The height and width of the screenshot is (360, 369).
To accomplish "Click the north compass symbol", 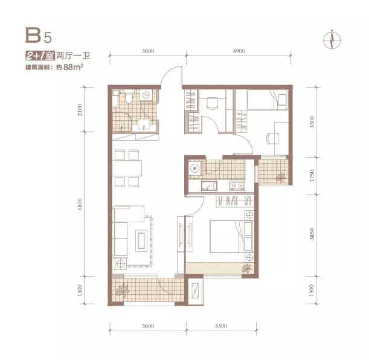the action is pos(332,39).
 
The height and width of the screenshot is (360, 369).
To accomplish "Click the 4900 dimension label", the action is pos(239,51).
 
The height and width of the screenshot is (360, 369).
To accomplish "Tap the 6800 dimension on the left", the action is pos(80,204).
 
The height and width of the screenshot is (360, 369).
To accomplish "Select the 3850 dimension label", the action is pos(312,234).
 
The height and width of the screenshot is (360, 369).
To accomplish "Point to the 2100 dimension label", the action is pos(80,110).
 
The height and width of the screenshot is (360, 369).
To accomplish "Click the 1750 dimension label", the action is pos(312,176).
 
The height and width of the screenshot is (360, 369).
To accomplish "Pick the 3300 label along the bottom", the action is pos(221,326).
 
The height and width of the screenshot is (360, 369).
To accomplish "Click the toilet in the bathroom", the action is pos(129,97).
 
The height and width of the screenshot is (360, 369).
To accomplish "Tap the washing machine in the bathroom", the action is pos(146,95).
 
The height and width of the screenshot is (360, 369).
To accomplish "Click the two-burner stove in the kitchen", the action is pos(237,185).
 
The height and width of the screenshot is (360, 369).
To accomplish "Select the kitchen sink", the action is pos(209,186).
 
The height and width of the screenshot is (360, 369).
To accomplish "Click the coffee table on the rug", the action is pos(141,240).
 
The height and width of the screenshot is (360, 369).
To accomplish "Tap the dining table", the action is pos(127,168).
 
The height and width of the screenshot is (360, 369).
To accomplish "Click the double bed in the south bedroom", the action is pos(231,236).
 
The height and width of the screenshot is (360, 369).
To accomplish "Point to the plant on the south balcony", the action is pos(122,291).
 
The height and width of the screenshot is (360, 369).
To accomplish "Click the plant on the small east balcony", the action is pos(281,177).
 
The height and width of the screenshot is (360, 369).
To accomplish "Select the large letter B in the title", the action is pos(33,35).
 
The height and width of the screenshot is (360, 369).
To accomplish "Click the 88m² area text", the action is pos(73,67).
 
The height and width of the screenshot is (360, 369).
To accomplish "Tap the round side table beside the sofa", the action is pos(121,263).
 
